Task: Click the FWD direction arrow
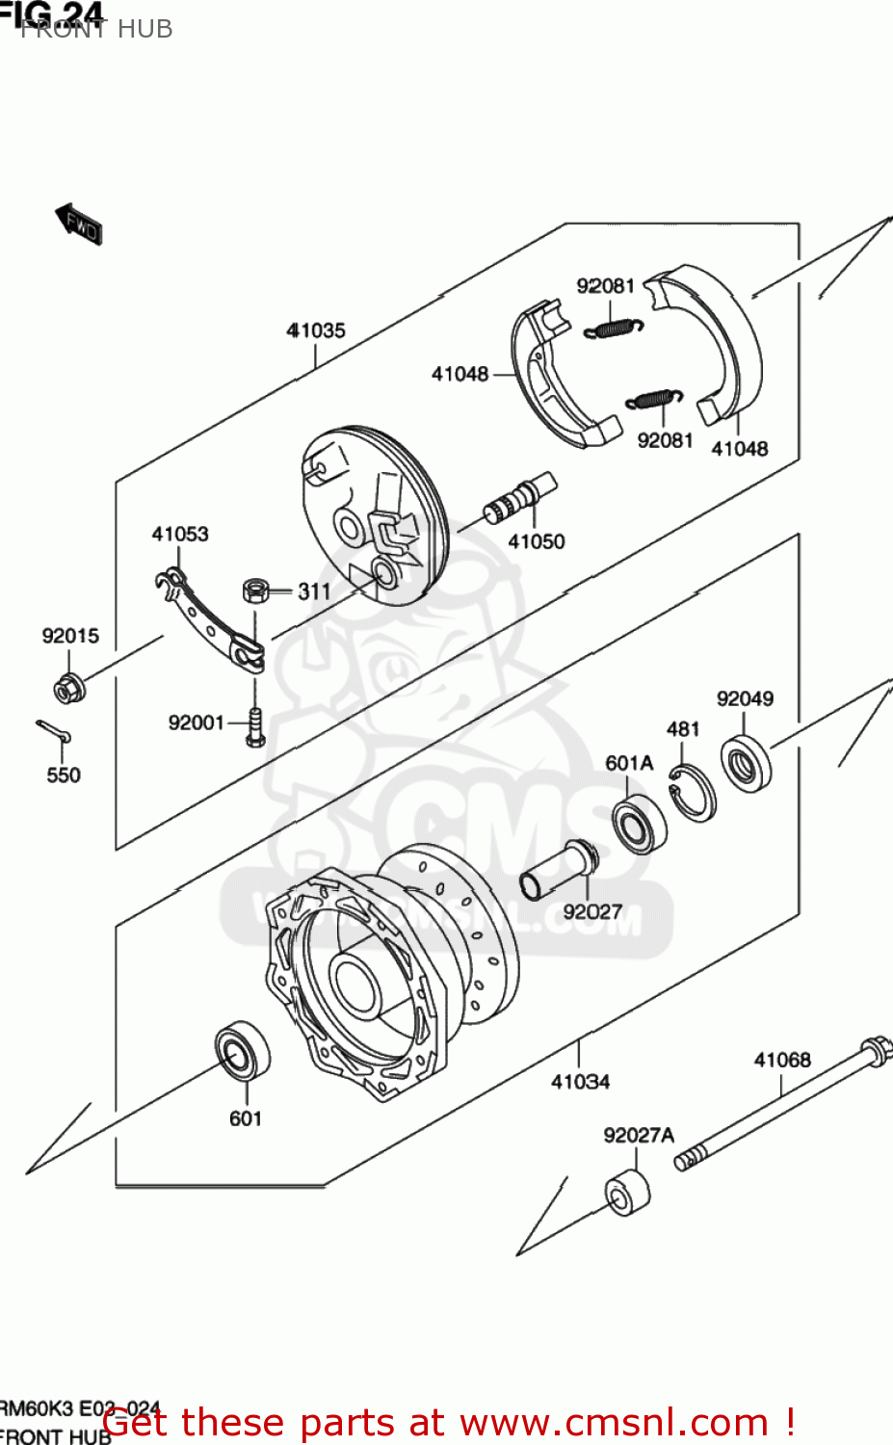pyautogui.click(x=78, y=223)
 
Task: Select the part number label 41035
pyautogui.click(x=315, y=330)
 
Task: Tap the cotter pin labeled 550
pyautogui.click(x=54, y=732)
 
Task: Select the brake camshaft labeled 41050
pyautogui.click(x=520, y=497)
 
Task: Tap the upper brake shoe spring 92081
pyautogui.click(x=613, y=328)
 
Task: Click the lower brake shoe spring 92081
pyautogui.click(x=654, y=398)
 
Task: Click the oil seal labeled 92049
pyautogui.click(x=747, y=763)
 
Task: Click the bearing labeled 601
pyautogui.click(x=241, y=1051)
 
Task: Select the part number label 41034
pyautogui.click(x=580, y=1082)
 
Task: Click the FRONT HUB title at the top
pyautogui.click(x=96, y=29)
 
